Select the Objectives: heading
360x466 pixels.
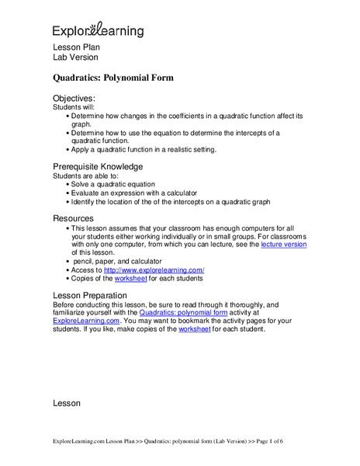point(73,99)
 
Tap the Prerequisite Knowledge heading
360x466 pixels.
point(98,166)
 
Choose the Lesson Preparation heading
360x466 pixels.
point(95,296)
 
